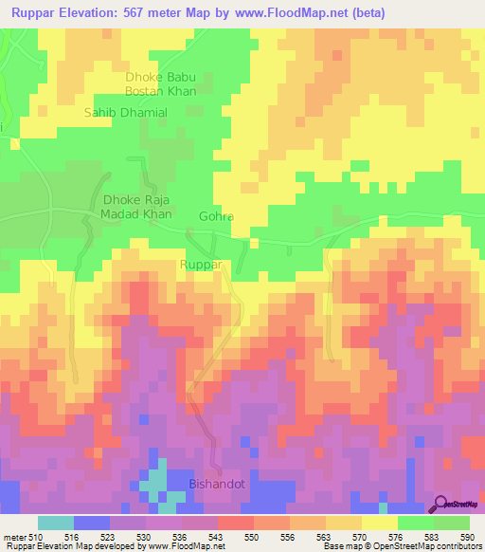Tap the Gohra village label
coord(216,216)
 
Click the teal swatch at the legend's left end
coord(56,523)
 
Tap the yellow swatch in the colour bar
coord(379,523)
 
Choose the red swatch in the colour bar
coord(236,523)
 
